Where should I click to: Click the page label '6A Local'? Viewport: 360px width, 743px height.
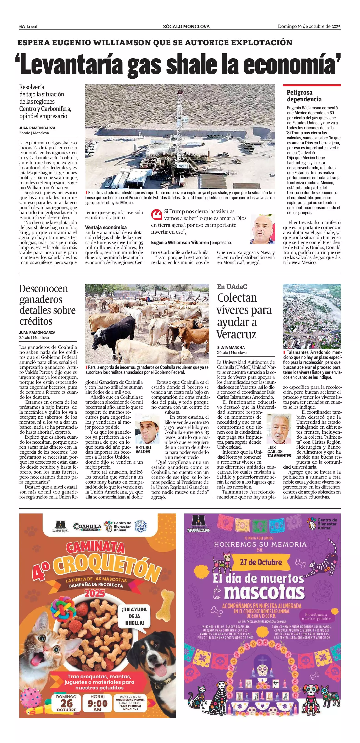click(x=28, y=27)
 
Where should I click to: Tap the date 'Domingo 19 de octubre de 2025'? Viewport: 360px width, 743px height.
click(x=309, y=26)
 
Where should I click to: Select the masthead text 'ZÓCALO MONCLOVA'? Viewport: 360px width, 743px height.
click(x=186, y=27)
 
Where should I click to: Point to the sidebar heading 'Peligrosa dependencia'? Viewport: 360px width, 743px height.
click(x=304, y=96)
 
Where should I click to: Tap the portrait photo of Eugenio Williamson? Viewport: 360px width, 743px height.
click(x=262, y=229)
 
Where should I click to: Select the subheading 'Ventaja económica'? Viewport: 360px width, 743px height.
click(x=106, y=227)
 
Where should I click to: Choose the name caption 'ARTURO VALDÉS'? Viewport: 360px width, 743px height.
click(x=143, y=449)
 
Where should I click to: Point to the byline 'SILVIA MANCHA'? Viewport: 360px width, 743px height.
click(x=231, y=347)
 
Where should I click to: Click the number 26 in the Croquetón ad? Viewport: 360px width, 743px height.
click(x=66, y=704)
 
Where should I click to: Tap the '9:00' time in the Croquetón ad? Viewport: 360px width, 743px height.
click(x=98, y=704)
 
